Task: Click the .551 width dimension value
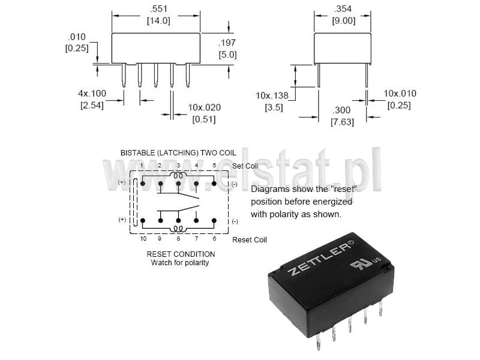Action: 158,8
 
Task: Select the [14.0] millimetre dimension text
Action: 158,21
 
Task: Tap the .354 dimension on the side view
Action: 343,8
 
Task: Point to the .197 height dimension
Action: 227,43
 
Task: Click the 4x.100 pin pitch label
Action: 92,94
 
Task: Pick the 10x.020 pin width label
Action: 204,107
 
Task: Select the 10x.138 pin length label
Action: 272,95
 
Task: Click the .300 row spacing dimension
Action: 341,110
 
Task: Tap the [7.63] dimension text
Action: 342,122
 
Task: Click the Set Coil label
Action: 245,166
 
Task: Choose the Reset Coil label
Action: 250,239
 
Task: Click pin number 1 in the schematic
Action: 142,166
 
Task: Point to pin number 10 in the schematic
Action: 143,238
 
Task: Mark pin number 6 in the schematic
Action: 214,238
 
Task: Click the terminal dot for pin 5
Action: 214,184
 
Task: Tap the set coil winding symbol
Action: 178,176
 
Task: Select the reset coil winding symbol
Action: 178,229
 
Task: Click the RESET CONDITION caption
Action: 181,254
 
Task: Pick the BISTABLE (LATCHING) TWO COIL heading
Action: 178,153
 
